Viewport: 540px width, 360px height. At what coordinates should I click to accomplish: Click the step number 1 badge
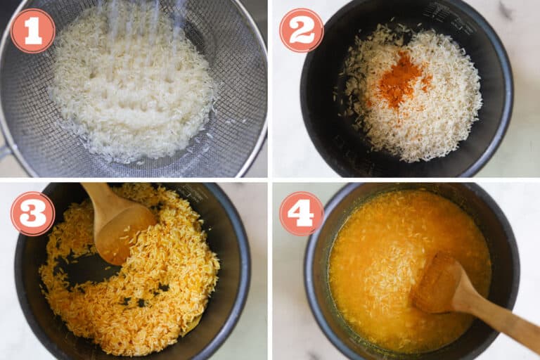(x=32, y=30)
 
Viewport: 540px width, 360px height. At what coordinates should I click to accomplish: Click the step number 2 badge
(x=302, y=30)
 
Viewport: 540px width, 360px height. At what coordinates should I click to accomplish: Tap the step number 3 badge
(x=32, y=213)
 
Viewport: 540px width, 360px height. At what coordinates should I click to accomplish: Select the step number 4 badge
(x=302, y=213)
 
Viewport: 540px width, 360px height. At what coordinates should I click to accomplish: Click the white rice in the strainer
(x=134, y=91)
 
